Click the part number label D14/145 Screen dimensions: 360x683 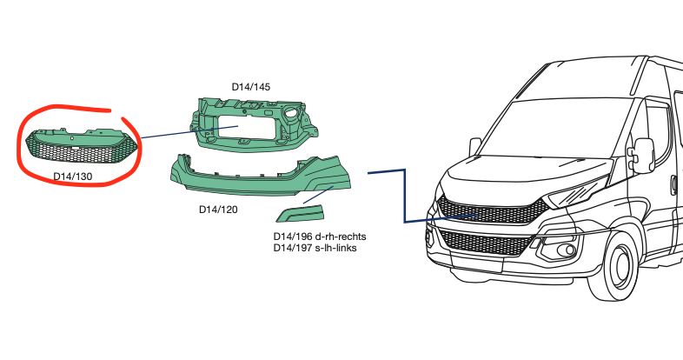pos(250,86)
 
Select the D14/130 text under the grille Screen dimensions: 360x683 pos(73,177)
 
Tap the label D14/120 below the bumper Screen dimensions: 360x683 pos(217,209)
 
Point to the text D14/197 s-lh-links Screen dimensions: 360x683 pos(315,249)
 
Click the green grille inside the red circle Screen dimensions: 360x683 pos(80,148)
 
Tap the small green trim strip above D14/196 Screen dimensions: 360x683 pos(298,213)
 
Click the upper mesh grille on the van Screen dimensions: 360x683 pos(487,210)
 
